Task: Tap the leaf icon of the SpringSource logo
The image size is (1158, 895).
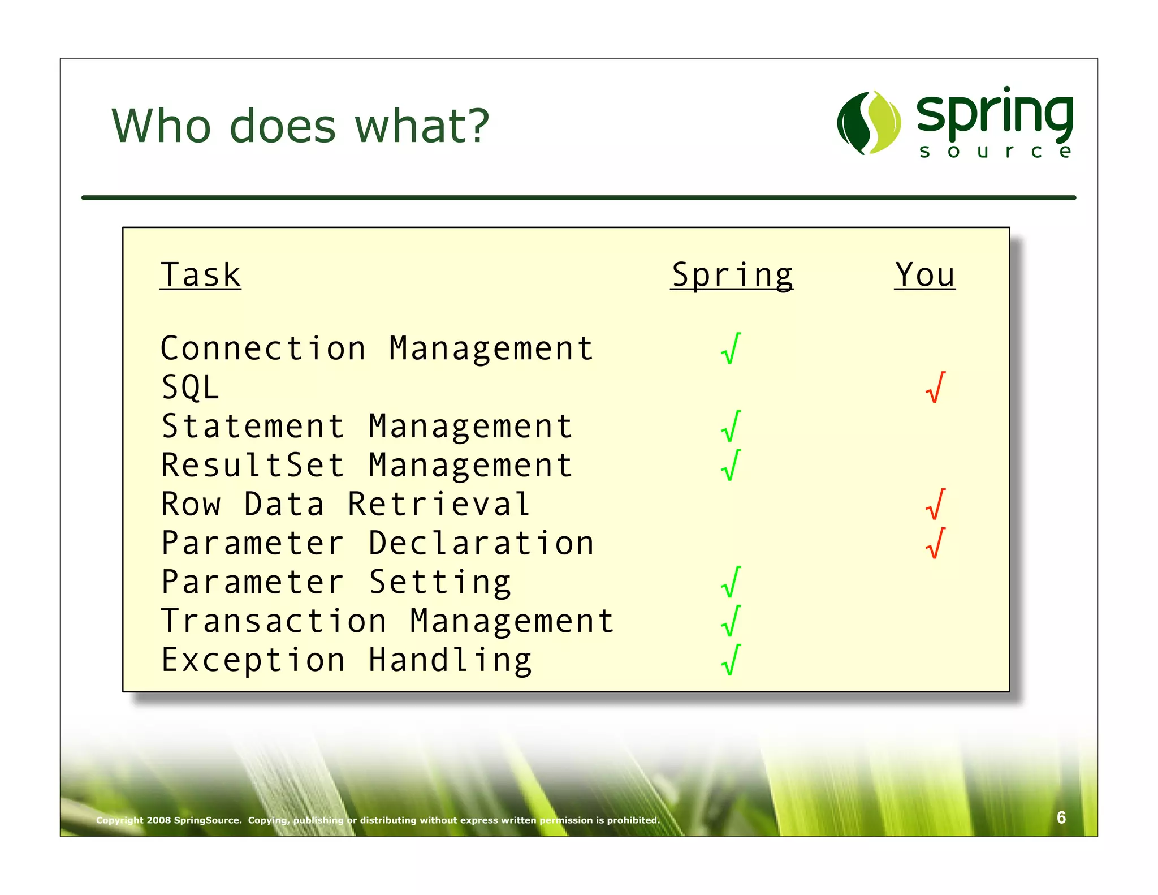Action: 869,123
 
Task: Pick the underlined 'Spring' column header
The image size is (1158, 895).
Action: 732,276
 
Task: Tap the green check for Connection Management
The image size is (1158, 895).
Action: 731,348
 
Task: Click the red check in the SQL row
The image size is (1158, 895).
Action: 935,388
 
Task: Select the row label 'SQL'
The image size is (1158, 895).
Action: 191,388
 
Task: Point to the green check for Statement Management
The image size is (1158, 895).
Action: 731,427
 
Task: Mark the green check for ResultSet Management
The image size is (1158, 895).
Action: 731,466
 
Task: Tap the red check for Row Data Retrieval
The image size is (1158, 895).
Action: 935,505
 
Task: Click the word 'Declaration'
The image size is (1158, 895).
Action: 481,543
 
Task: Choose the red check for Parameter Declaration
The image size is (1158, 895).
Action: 935,544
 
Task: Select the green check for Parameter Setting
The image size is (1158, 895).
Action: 731,583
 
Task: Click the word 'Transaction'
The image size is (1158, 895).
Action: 274,621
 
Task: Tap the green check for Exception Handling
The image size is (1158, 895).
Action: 731,660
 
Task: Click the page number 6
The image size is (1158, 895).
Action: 1061,817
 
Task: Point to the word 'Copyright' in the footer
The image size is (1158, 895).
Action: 119,820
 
